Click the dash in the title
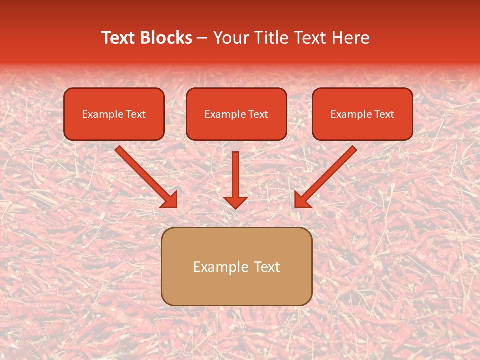pyautogui.click(x=202, y=38)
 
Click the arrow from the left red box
pyautogui.click(x=142, y=173)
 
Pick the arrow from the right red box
pyautogui.click(x=330, y=173)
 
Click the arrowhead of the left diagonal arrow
pyautogui.click(x=170, y=200)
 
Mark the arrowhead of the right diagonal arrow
pyautogui.click(x=302, y=200)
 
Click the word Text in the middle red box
pyautogui.click(x=258, y=114)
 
